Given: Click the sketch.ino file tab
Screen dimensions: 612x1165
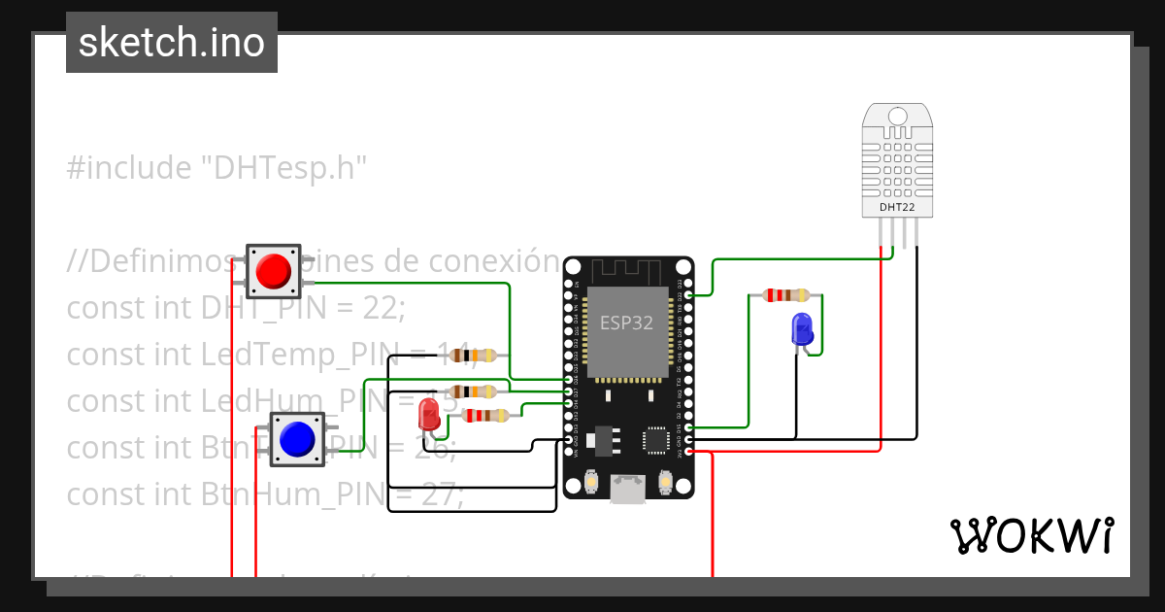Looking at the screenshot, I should [172, 43].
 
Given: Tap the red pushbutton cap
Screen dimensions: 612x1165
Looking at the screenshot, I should [274, 270].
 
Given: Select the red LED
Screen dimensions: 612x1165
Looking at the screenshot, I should [428, 418].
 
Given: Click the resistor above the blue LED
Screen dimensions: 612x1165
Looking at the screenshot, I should [785, 295].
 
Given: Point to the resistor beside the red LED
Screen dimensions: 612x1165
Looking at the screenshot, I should [486, 416].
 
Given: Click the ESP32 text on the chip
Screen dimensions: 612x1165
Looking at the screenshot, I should [627, 323].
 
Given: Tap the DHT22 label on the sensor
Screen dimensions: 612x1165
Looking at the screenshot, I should [896, 207].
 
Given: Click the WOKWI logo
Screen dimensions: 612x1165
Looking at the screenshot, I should [1031, 535].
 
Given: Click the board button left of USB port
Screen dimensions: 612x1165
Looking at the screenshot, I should [591, 481].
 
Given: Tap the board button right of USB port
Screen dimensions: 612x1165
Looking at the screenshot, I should [666, 481].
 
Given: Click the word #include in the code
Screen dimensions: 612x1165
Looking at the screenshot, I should [129, 168].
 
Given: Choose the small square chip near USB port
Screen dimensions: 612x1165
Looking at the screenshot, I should [657, 442].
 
